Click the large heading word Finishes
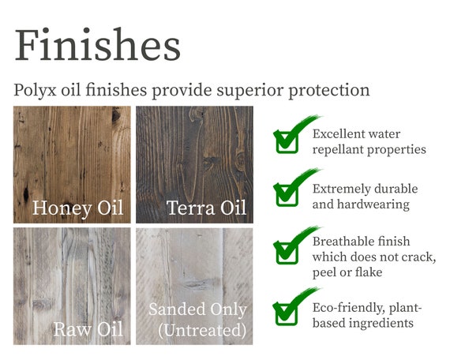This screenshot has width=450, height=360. (98, 44)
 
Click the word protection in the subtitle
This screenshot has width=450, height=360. (329, 90)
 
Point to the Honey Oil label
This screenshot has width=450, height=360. (78, 208)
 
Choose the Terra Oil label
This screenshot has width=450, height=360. (206, 208)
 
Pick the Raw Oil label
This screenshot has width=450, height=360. (88, 329)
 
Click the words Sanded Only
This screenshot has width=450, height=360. (197, 309)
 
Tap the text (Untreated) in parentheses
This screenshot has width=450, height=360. (202, 330)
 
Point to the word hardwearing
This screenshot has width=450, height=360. (373, 205)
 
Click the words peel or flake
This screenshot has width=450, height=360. (347, 272)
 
